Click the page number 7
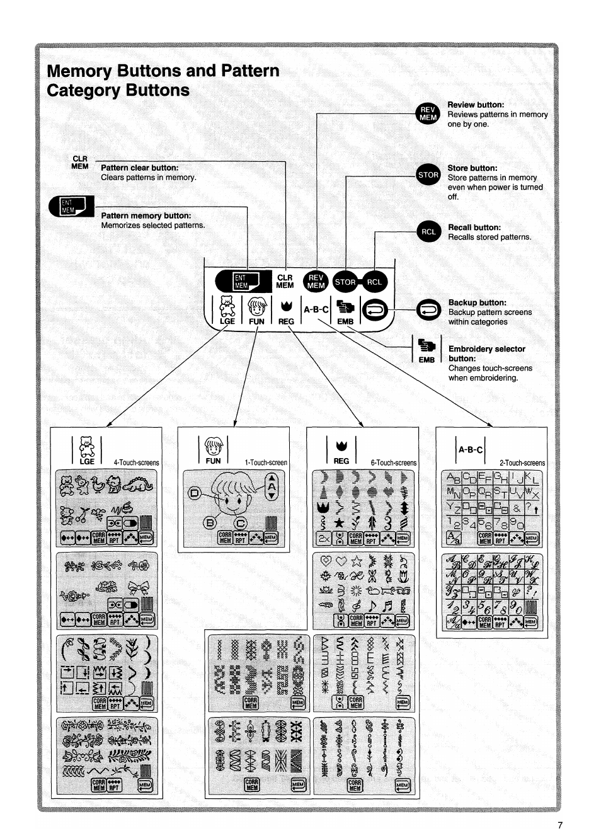(560, 825)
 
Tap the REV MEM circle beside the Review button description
(428, 113)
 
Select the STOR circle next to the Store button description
(428, 175)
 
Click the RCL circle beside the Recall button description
(429, 231)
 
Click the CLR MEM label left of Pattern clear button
(80, 163)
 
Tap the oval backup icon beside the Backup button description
(429, 309)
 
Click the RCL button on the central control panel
(374, 282)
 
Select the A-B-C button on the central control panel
(316, 309)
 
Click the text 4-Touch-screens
(136, 462)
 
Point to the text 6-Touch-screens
(393, 462)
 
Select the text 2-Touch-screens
(522, 462)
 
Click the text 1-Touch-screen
(266, 462)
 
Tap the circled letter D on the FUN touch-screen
(195, 493)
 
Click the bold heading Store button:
(472, 168)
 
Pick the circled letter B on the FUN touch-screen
(210, 522)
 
